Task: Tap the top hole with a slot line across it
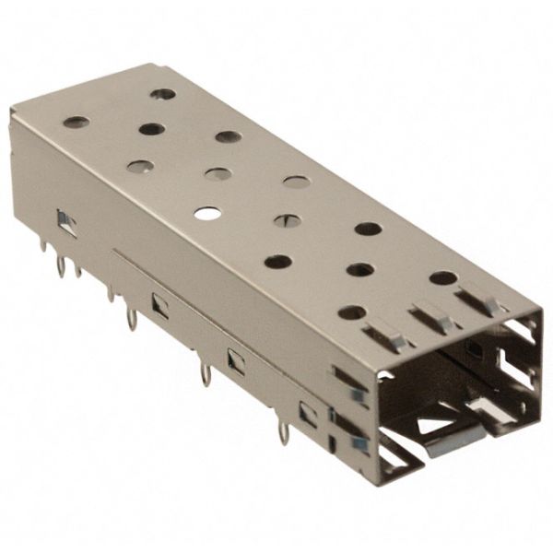(x=285, y=219)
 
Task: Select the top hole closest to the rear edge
(x=163, y=94)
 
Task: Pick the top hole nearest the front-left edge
(x=277, y=262)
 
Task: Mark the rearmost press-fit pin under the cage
(x=62, y=267)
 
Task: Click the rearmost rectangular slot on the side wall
(x=65, y=220)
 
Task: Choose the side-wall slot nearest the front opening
(x=307, y=414)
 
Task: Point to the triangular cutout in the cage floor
(x=432, y=425)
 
